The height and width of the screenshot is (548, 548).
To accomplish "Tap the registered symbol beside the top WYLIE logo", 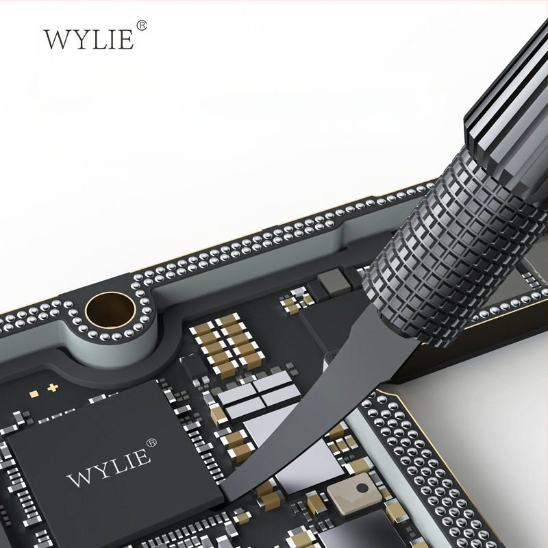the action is tap(141, 25).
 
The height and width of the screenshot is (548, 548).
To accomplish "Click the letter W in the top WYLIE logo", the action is tap(57, 39).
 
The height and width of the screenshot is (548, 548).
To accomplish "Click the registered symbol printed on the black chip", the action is tap(151, 443).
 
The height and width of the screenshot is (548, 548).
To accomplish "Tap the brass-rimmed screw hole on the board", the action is tap(111, 310).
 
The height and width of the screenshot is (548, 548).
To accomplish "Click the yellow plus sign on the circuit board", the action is tap(53, 388).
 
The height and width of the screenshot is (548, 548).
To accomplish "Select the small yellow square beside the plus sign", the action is tap(34, 395).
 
